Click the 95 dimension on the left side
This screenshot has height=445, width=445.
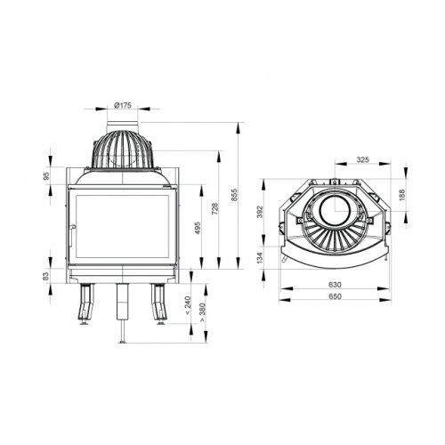45,175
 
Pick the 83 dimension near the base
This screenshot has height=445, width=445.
45,277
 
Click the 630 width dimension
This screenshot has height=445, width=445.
334,284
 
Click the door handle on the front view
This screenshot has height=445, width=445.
68,235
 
